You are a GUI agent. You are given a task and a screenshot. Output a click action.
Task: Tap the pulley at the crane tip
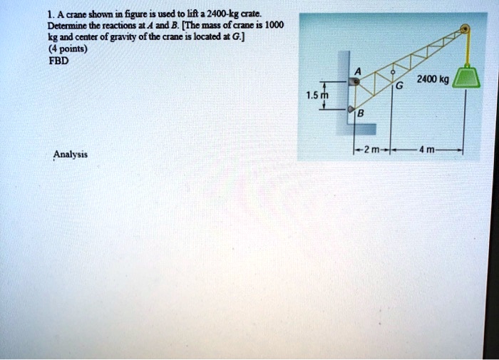[464, 31]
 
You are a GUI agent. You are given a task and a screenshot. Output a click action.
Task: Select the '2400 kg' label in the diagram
[433, 80]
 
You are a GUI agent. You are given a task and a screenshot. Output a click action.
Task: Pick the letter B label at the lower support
[360, 113]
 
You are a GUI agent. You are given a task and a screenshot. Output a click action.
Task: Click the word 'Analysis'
[71, 153]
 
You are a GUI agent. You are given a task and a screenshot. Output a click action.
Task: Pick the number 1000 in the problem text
[274, 25]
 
